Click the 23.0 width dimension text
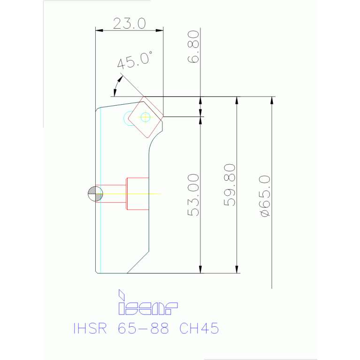click(129, 23)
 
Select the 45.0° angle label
click(135, 61)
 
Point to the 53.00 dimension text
click(194, 195)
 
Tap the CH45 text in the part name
click(199, 328)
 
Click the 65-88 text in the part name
click(145, 328)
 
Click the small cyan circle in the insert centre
click(145, 116)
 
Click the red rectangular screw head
click(137, 193)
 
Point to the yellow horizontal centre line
click(141, 194)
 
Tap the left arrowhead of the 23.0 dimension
click(99, 31)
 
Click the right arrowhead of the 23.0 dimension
click(160, 31)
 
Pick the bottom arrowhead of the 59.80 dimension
click(237, 269)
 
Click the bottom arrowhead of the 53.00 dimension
click(200, 269)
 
